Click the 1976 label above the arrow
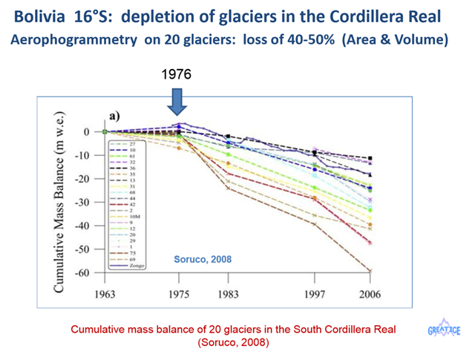point(177,75)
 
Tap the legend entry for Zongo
point(139,265)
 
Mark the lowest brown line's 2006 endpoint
point(370,270)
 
